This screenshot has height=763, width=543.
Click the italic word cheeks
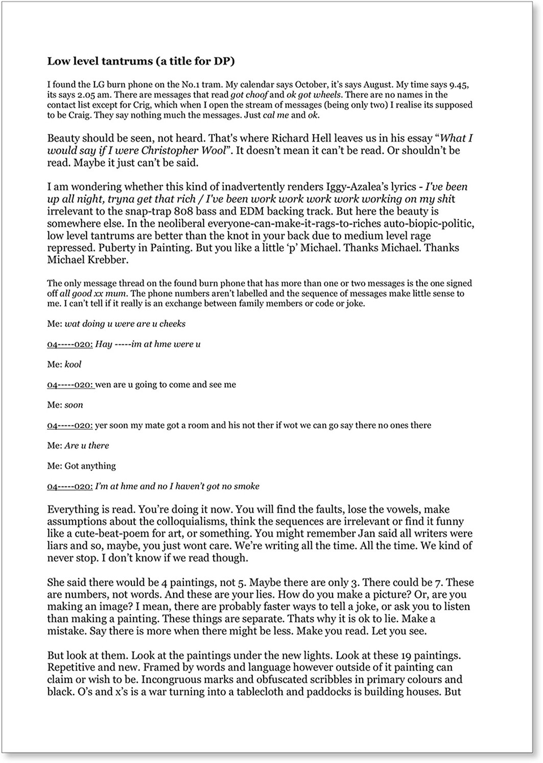pyautogui.click(x=172, y=324)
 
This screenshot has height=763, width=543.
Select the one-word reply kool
pyautogui.click(x=73, y=364)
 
